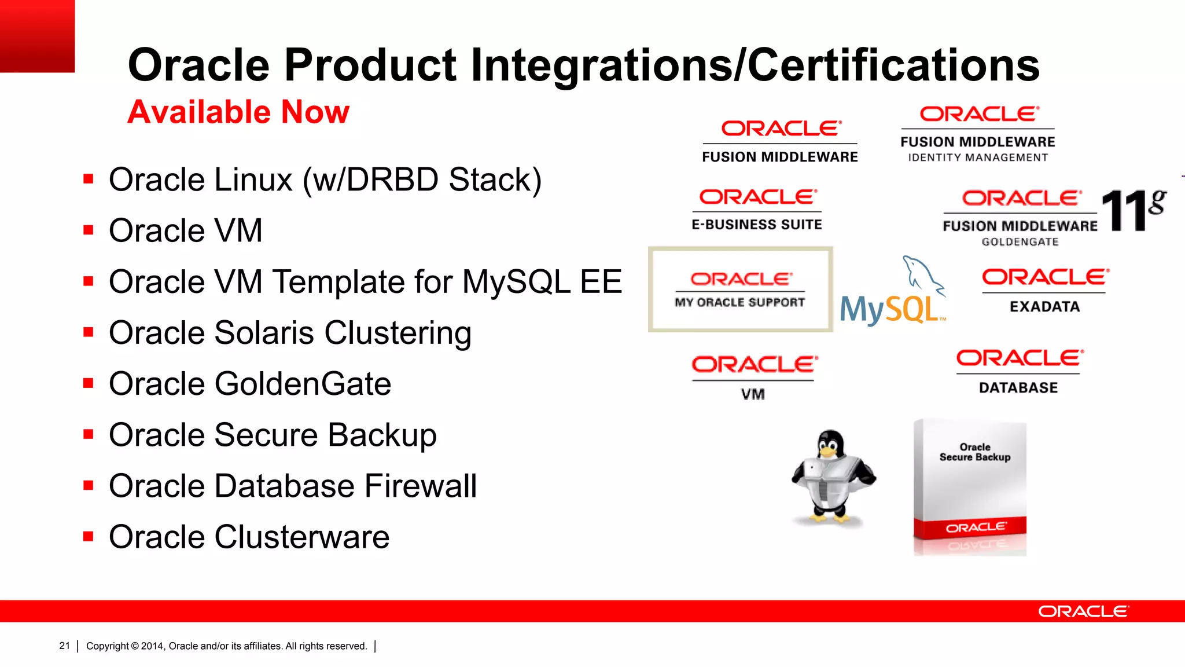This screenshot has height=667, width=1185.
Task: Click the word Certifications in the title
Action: pyautogui.click(x=894, y=65)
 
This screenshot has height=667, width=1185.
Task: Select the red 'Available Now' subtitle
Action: pyautogui.click(x=238, y=112)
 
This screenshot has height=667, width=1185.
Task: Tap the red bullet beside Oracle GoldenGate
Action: pyautogui.click(x=89, y=383)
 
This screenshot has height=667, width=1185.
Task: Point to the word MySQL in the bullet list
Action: pyautogui.click(x=517, y=282)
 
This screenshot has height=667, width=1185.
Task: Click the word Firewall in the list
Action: pyautogui.click(x=420, y=486)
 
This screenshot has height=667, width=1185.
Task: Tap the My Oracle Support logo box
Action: pyautogui.click(x=740, y=289)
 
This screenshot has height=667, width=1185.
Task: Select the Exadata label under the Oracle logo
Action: pyautogui.click(x=1044, y=307)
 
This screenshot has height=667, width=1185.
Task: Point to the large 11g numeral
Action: pyautogui.click(x=1131, y=210)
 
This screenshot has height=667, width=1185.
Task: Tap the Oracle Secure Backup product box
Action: pyautogui.click(x=970, y=488)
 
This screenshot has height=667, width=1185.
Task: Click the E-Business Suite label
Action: pyautogui.click(x=756, y=225)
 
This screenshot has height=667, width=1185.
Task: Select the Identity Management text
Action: pyautogui.click(x=978, y=157)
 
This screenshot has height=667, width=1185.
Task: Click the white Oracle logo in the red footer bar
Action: pyautogui.click(x=1083, y=611)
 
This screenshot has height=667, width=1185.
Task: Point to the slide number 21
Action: pyautogui.click(x=64, y=646)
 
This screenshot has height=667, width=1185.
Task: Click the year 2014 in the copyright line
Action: pyautogui.click(x=152, y=646)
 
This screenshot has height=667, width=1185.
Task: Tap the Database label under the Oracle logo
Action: pyautogui.click(x=1018, y=388)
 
